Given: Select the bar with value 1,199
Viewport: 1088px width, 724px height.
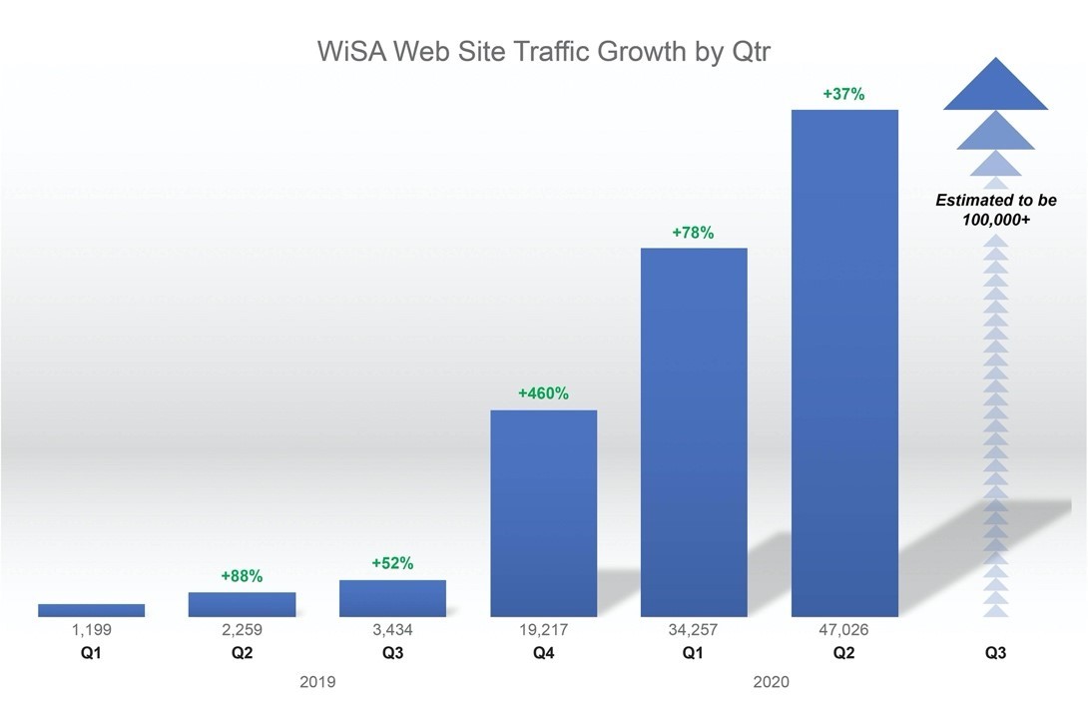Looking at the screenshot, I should click(x=92, y=610).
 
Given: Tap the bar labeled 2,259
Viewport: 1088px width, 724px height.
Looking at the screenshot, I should click(x=242, y=604).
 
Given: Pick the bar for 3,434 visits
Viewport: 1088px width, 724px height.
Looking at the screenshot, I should click(x=392, y=598).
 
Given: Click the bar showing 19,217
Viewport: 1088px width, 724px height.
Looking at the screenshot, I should click(x=543, y=513).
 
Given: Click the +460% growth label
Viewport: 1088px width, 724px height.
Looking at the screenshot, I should click(x=543, y=393).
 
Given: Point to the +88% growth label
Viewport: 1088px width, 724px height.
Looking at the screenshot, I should click(x=242, y=576).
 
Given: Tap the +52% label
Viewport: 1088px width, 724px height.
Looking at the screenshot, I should click(x=392, y=564).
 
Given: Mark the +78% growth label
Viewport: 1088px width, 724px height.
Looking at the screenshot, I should click(x=694, y=233).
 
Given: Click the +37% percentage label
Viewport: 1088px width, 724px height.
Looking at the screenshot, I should click(x=843, y=95).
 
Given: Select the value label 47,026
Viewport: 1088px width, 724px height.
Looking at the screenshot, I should click(x=844, y=630).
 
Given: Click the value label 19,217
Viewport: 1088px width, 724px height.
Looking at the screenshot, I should click(x=543, y=630).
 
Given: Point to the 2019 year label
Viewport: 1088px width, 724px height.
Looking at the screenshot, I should click(x=317, y=683).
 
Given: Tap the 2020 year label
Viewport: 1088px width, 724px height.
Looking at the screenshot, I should click(x=769, y=683).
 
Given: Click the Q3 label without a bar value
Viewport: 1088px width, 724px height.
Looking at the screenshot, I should click(x=995, y=654).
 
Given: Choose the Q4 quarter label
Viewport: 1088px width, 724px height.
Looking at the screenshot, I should click(x=543, y=654).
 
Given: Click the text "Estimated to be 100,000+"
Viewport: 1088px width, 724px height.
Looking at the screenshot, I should click(x=995, y=210).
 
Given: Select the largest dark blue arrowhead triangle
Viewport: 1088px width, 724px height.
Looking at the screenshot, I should click(x=995, y=88).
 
